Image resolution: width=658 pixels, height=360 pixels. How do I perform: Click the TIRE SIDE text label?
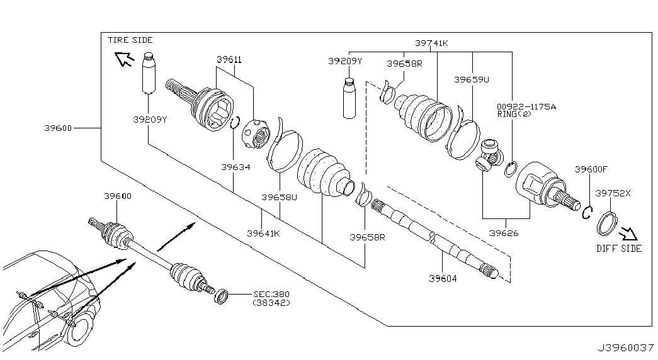130,40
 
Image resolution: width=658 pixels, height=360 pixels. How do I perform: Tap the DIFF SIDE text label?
619,249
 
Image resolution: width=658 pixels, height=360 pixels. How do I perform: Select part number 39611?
229,60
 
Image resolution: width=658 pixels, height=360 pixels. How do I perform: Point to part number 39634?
236,167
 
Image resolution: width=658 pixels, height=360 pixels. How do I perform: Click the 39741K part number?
431,43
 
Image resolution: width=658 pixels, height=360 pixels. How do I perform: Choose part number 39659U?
471,79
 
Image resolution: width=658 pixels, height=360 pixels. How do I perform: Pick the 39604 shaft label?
443,278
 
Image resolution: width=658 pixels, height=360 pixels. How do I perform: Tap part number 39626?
504,233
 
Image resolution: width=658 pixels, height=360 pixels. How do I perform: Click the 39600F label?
591,169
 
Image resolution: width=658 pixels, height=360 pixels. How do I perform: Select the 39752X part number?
613,193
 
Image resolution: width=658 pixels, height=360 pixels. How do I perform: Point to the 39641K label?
263,233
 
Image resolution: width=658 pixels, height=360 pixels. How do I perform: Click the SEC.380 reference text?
271,294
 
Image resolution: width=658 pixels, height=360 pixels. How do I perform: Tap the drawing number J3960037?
626,347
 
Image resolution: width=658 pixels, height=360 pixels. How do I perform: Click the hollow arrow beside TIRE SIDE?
124,59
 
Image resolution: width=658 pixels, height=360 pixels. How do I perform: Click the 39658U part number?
279,197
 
